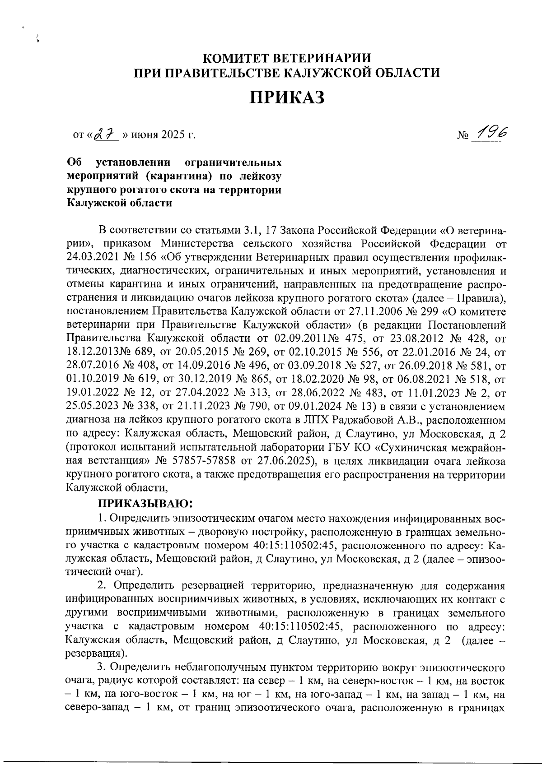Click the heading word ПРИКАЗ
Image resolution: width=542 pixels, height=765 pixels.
click(287, 97)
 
